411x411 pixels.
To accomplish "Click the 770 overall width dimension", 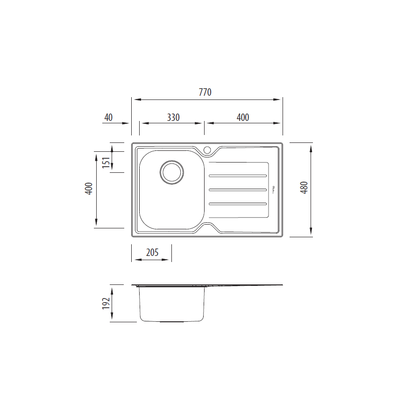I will (205, 92).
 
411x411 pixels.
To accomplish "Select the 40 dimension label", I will (108, 117).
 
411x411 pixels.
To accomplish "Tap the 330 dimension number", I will (173, 117).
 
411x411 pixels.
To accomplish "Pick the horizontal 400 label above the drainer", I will (243, 117).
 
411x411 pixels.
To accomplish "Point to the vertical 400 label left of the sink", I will (89, 188).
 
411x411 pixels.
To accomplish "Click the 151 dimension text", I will (106, 162).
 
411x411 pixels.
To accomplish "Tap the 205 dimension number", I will (152, 253).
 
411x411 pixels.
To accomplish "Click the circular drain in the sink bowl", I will (171, 172).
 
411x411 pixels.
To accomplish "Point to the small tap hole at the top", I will (207, 150).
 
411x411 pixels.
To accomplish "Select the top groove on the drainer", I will (238, 176).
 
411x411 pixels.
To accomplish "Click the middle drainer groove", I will (238, 190).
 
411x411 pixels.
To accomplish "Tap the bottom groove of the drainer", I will (238, 204).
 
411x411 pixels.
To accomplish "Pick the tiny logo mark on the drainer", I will (274, 189).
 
